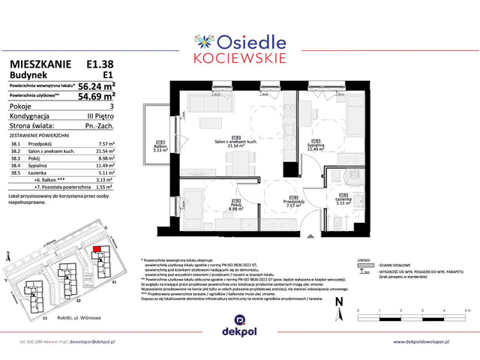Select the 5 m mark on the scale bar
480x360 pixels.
pos(464,309)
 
